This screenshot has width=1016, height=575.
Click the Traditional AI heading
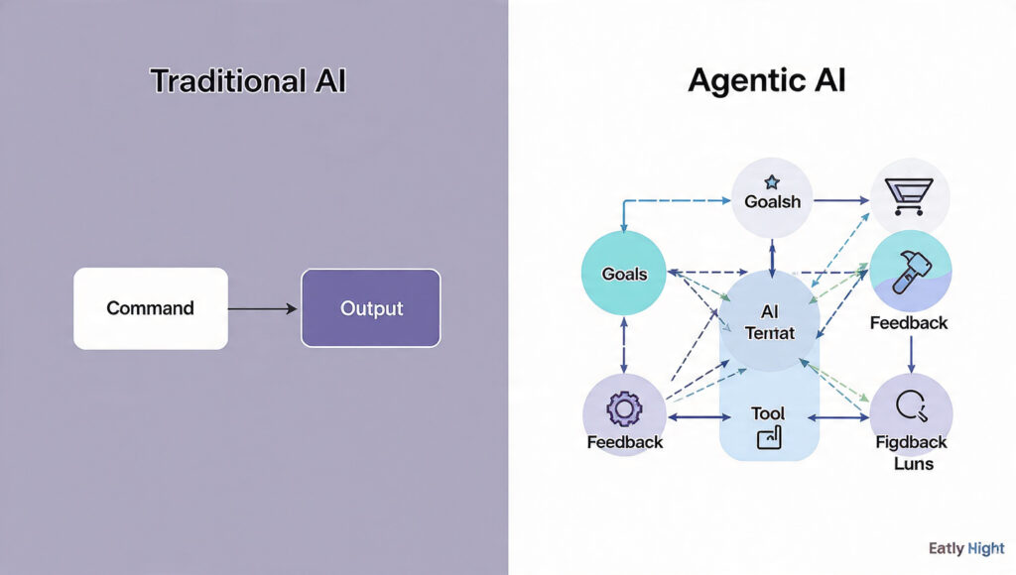pyautogui.click(x=248, y=81)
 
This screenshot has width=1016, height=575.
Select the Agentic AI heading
pyautogui.click(x=767, y=81)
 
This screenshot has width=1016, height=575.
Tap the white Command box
pyautogui.click(x=151, y=308)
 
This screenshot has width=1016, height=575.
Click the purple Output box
pyautogui.click(x=370, y=308)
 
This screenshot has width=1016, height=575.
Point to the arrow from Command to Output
pyautogui.click(x=263, y=309)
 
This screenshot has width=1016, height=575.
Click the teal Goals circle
pyautogui.click(x=624, y=274)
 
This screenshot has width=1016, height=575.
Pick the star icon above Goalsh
pyautogui.click(x=772, y=182)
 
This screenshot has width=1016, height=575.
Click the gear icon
pyautogui.click(x=624, y=408)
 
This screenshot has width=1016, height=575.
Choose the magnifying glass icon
pyautogui.click(x=910, y=405)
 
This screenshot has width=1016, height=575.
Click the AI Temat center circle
pyautogui.click(x=770, y=321)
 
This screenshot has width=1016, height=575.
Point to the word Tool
pyautogui.click(x=768, y=413)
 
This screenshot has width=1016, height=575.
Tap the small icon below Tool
pyautogui.click(x=769, y=437)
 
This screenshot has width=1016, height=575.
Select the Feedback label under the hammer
pyautogui.click(x=909, y=323)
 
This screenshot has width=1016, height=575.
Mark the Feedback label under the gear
pyautogui.click(x=625, y=442)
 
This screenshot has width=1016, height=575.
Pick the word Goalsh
pyautogui.click(x=772, y=201)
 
